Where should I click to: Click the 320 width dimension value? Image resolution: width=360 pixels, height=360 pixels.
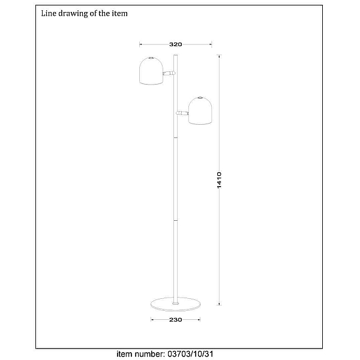[176, 44]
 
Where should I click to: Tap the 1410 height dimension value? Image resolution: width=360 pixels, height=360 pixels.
[219, 180]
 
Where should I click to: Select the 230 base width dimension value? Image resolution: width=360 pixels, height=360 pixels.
[176, 320]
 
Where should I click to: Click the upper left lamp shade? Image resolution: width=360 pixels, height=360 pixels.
[151, 71]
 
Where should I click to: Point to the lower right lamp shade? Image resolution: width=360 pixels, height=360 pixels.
[200, 110]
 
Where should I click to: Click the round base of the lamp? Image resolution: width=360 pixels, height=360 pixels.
[175, 304]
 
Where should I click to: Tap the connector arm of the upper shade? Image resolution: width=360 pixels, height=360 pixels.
[169, 73]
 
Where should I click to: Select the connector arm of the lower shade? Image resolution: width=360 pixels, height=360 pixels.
[182, 113]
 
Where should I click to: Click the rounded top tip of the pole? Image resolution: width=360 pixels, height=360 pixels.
[176, 55]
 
